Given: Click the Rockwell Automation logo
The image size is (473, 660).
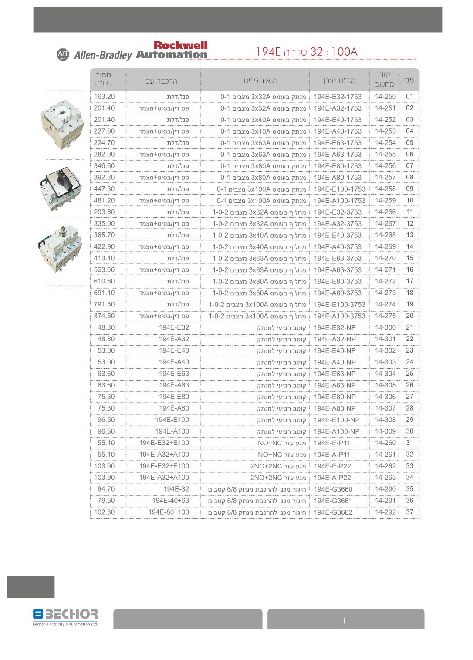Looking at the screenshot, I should pos(172,50).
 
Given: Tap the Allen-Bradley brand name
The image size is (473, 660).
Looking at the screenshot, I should pos(103,55).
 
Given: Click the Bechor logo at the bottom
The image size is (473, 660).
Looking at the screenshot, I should pos(65,617).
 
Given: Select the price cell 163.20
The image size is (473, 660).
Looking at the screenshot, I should pos(105,97).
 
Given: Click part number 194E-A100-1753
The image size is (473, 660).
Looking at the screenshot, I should pos(339,201).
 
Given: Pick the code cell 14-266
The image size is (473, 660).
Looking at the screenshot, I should pos(385,212).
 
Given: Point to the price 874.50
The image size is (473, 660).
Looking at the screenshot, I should pos(105,316).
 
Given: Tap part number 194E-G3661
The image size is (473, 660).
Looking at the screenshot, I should pos(333,501).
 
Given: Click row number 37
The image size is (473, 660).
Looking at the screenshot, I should pos(409,512).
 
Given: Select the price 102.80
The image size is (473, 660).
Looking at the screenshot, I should pos(105,512).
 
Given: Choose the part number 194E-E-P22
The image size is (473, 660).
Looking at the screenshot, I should pos(332,466).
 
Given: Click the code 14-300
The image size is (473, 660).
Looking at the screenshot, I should pos(385,327).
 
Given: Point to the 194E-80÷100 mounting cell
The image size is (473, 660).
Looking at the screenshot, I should pos(169,512).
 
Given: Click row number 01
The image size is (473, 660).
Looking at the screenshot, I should pos(409,97).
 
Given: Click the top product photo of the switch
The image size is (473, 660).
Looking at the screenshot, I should pos(61,124).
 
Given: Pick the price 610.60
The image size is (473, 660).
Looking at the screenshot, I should pos(105,281).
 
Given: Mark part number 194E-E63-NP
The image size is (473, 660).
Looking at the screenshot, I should pos(334,374).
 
